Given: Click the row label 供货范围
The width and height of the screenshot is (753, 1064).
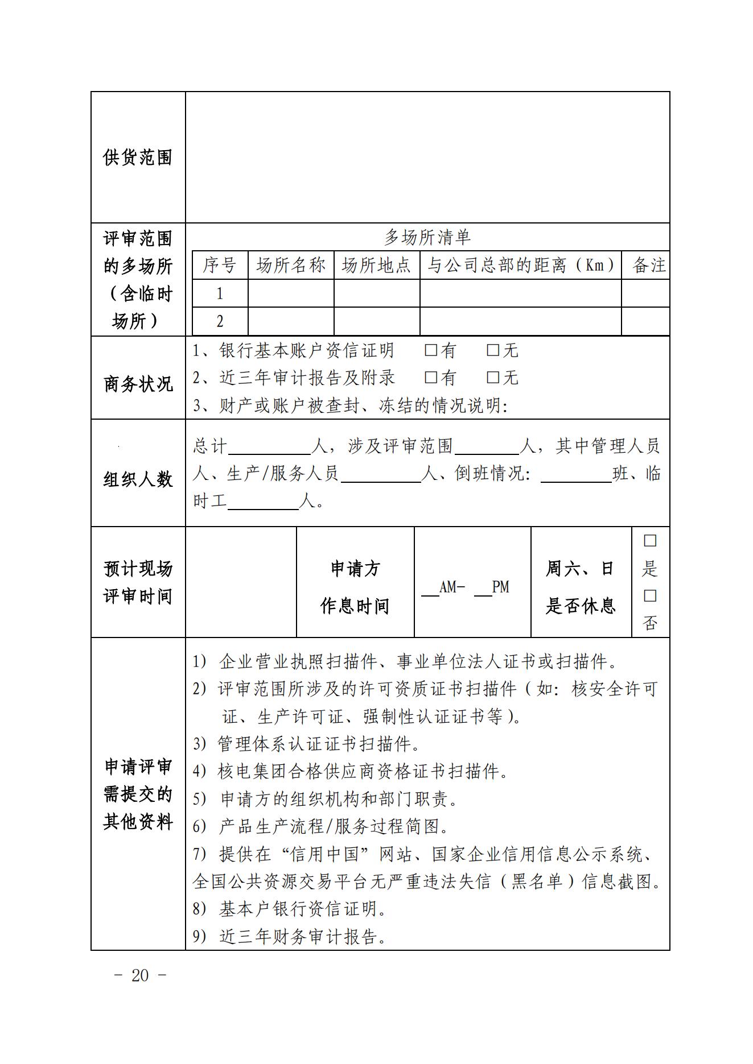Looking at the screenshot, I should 138,158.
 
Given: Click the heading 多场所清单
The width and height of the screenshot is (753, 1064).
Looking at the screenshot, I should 427,237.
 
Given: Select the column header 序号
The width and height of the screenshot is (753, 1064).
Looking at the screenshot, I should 220,265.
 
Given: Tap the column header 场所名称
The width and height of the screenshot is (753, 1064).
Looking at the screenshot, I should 290,265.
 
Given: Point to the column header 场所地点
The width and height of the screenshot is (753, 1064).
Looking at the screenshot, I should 376,265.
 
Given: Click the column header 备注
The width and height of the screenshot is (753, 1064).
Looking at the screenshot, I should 649,265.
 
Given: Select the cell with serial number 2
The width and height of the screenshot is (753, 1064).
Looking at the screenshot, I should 220,321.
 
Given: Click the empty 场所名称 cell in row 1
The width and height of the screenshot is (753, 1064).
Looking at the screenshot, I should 290,293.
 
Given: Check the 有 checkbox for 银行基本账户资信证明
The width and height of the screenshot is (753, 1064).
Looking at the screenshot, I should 431,350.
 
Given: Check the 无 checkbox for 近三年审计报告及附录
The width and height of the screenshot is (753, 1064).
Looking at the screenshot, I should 493,377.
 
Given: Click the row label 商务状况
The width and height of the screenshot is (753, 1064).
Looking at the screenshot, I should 138,384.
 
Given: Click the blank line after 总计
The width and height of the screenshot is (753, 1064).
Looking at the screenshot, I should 269,448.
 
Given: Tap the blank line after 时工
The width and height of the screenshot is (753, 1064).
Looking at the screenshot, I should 263,503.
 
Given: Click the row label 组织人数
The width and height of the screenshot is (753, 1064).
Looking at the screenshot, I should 138,479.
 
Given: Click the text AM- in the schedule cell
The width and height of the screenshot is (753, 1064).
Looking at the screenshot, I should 452,587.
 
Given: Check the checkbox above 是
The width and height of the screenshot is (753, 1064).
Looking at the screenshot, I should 649,541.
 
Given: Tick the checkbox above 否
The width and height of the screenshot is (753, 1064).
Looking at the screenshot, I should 649,596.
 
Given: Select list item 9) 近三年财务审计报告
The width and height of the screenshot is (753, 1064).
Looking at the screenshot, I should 290,937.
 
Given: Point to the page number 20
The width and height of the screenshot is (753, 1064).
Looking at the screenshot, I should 140,976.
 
